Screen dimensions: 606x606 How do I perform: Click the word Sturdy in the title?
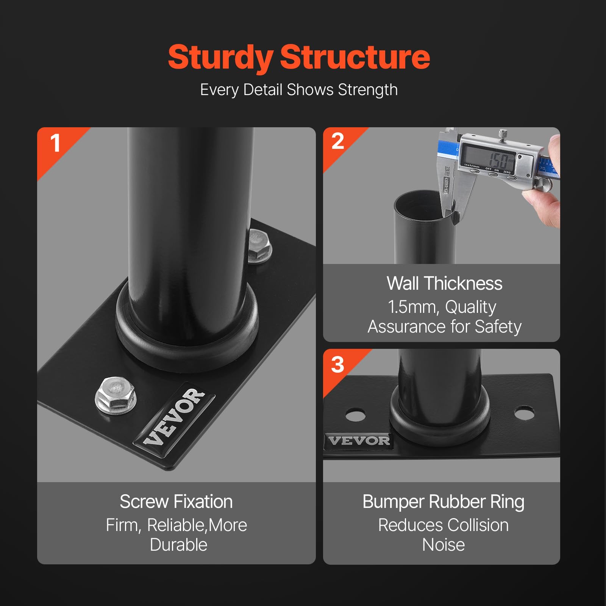pyautogui.click(x=220, y=58)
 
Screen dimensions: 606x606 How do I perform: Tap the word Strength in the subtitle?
pyautogui.click(x=368, y=90)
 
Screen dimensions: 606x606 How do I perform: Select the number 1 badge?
pyautogui.click(x=55, y=143)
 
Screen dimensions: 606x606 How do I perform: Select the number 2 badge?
pyautogui.click(x=337, y=141)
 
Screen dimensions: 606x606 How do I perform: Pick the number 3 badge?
pyautogui.click(x=337, y=364)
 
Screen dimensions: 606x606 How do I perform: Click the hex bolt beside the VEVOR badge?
pyautogui.click(x=116, y=395)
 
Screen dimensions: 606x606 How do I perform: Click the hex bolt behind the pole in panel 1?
pyautogui.click(x=260, y=246)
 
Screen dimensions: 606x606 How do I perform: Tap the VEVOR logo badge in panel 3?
pyautogui.click(x=359, y=441)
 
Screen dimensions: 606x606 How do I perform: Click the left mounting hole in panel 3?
pyautogui.click(x=355, y=414)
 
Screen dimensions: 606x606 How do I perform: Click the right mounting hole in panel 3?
pyautogui.click(x=525, y=412)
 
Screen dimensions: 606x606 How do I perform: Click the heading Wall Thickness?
pyautogui.click(x=445, y=284)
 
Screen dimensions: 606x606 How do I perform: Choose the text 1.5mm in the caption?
pyautogui.click(x=413, y=307)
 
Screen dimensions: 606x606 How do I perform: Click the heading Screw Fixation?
pyautogui.click(x=176, y=502)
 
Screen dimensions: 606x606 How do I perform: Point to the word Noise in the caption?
pyautogui.click(x=444, y=545)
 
